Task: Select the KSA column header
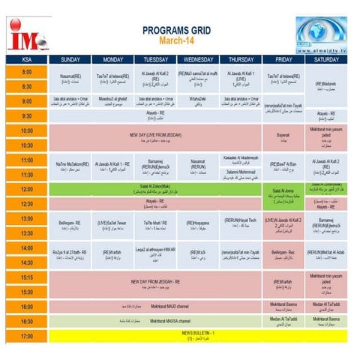[x=26, y=59]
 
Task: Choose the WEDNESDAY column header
[x=198, y=59]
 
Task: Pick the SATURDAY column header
[x=326, y=59]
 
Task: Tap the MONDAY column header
[x=112, y=59]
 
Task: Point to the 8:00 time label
[x=26, y=72]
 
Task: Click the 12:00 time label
[x=26, y=189]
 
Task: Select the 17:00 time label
[x=26, y=336]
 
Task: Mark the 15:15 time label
[x=26, y=277]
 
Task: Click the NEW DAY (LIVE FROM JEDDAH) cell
[x=156, y=138]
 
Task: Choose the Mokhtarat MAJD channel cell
[x=156, y=307]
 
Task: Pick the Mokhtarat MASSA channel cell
[x=156, y=321]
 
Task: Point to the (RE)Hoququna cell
[x=198, y=224]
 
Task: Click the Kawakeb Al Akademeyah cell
[x=241, y=159]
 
